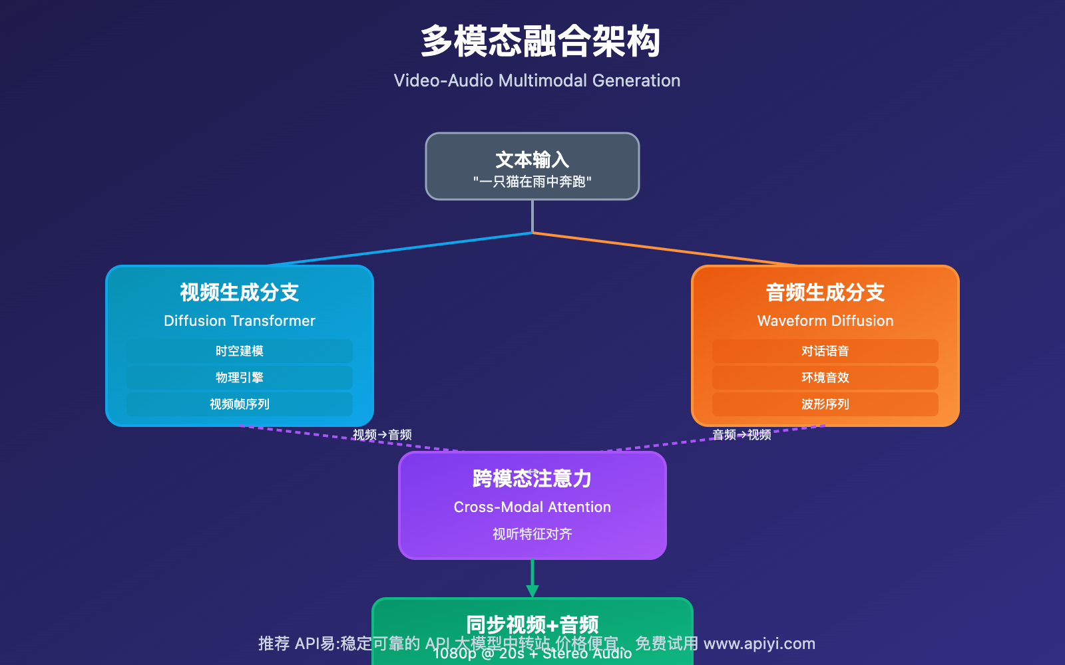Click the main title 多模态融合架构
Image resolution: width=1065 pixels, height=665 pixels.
click(540, 41)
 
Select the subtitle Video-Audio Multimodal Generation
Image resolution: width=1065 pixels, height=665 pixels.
click(536, 80)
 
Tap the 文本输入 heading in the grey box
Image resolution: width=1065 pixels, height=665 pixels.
click(532, 160)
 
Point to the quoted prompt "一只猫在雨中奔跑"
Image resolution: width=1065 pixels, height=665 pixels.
click(532, 182)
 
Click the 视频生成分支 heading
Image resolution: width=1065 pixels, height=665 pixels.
click(239, 292)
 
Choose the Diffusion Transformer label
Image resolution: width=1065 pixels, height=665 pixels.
click(239, 321)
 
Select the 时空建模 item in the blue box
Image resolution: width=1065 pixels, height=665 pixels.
click(239, 351)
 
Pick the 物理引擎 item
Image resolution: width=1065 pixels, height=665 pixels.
click(239, 378)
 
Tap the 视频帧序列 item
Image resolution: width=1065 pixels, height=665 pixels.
click(239, 404)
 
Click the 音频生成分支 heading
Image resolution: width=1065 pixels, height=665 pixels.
click(825, 292)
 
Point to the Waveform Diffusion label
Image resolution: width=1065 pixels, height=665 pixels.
click(825, 321)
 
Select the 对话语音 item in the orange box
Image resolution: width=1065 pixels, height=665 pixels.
click(825, 351)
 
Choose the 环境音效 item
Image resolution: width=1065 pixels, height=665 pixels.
click(825, 378)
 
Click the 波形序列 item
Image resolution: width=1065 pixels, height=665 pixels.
click(825, 404)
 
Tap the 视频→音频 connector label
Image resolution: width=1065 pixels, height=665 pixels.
click(382, 435)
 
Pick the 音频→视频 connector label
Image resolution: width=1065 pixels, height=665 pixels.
click(742, 435)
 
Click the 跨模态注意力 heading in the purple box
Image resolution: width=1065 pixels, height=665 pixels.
click(532, 478)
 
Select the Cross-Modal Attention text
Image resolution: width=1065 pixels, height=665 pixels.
click(532, 507)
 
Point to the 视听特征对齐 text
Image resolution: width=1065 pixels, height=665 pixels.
click(532, 534)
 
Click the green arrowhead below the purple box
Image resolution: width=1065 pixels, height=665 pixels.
click(532, 591)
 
